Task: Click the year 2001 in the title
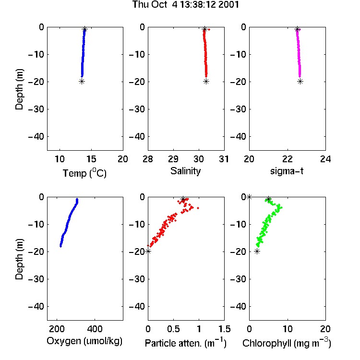click(228, 5)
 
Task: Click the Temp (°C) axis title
click(84, 173)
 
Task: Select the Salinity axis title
click(185, 171)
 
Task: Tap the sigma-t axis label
click(287, 171)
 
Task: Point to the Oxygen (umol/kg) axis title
click(84, 341)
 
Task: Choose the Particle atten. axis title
click(185, 343)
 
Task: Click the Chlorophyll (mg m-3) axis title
click(287, 343)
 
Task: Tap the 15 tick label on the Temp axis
click(91, 159)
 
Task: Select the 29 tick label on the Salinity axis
click(173, 159)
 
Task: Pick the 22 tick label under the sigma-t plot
click(288, 159)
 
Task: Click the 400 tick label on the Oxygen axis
click(95, 329)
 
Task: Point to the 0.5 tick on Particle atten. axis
click(173, 329)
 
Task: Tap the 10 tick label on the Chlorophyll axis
click(288, 329)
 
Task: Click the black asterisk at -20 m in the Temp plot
click(82, 81)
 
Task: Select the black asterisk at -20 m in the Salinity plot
click(206, 81)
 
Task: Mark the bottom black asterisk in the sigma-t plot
click(300, 81)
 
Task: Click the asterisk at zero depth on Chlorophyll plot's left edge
click(249, 197)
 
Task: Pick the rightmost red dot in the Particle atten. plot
click(198, 208)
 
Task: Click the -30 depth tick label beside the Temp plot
click(36, 109)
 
